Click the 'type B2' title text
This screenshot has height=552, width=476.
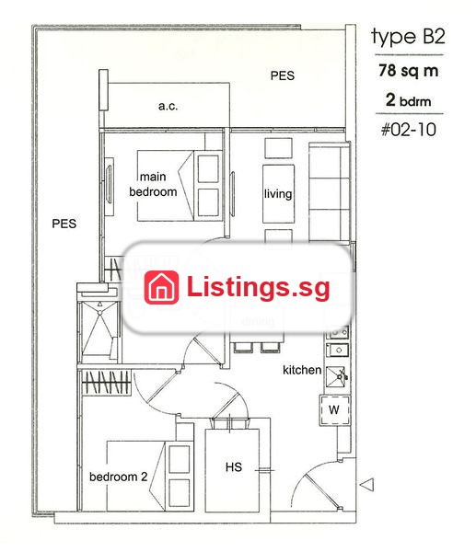click(x=408, y=38)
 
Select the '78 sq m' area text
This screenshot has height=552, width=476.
click(x=409, y=71)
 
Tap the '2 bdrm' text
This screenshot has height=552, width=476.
click(x=409, y=100)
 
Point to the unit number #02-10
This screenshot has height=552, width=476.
click(x=409, y=130)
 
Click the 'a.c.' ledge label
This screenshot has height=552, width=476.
click(x=168, y=106)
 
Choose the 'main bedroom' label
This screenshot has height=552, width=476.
click(x=153, y=184)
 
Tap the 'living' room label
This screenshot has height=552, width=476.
click(x=278, y=194)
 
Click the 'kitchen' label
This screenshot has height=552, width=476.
click(x=302, y=370)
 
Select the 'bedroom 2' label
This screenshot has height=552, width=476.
click(x=119, y=477)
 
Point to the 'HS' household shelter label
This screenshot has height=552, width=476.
click(x=234, y=467)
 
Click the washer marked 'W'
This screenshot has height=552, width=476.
click(x=334, y=410)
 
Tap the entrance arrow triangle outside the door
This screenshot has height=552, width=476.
click(x=366, y=485)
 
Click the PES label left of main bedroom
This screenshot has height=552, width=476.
click(x=64, y=224)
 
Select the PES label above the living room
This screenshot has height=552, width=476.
click(x=283, y=75)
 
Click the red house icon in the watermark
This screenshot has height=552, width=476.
click(x=161, y=287)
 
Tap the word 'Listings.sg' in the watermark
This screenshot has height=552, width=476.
click(x=259, y=288)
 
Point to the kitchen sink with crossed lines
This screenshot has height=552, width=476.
click(x=336, y=376)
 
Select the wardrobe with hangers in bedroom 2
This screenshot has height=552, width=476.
click(x=106, y=382)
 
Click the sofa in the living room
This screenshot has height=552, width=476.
click(x=329, y=192)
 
